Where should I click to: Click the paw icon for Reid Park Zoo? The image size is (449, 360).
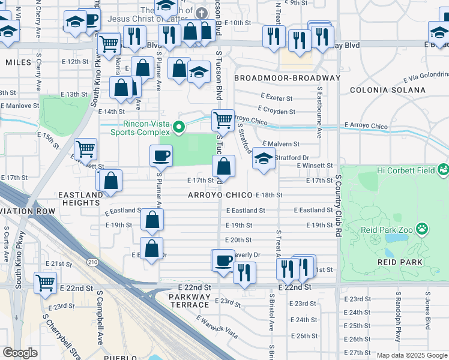[x=423, y=228]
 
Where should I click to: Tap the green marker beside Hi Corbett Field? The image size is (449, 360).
[x=443, y=170]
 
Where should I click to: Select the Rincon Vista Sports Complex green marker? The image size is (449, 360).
[x=178, y=127]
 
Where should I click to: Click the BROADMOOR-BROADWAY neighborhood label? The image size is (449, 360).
[x=287, y=78]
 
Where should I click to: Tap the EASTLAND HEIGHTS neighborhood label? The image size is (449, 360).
[x=80, y=199]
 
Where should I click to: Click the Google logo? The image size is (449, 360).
[x=20, y=353]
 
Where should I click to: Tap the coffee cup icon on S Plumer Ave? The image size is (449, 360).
[x=161, y=157]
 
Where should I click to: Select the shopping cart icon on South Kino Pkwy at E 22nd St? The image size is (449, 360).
[x=46, y=283]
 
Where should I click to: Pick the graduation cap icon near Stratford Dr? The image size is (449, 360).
[x=263, y=159]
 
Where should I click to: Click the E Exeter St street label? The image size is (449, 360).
[x=276, y=98]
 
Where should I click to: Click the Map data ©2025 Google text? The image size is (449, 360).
[x=412, y=355]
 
